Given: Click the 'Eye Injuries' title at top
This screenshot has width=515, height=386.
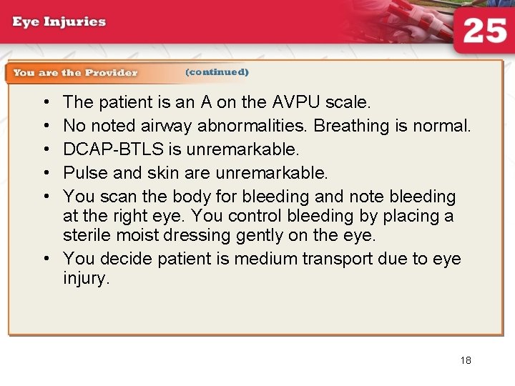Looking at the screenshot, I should [59, 21].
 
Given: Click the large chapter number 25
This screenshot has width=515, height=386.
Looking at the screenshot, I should [484, 31].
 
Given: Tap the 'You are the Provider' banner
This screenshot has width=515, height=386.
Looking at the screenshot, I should [74, 72].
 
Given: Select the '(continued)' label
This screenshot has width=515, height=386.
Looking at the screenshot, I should [217, 72].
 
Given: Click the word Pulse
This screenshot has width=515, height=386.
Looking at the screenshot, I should [84, 173].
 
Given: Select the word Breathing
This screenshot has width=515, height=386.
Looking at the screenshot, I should [351, 127].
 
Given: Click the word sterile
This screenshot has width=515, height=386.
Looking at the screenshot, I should [83, 235].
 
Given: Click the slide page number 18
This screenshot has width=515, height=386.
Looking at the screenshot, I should [466, 360].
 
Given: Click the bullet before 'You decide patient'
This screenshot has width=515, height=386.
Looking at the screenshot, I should [46, 258].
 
